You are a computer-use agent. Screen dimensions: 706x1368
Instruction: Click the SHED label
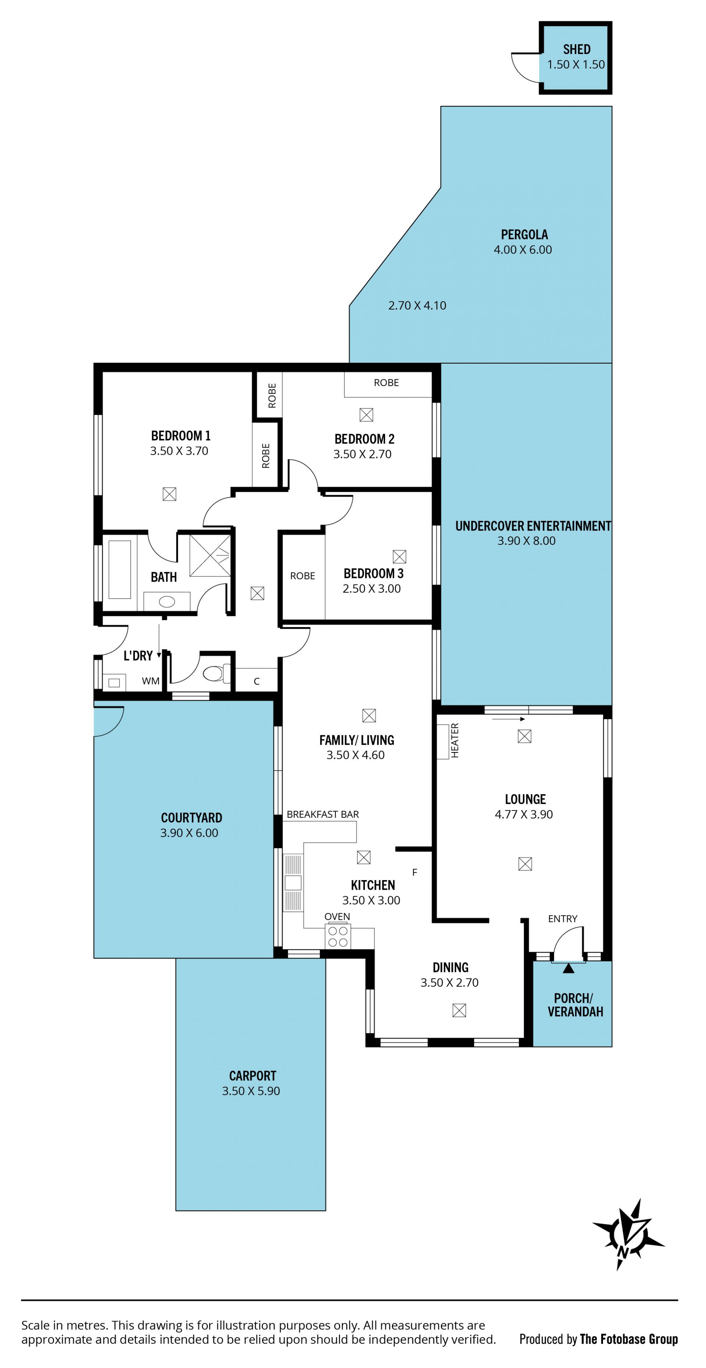coord(576,49)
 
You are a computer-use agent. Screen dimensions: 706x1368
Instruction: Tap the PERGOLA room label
coord(524,235)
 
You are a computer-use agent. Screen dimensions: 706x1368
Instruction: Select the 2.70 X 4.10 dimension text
coord(417,306)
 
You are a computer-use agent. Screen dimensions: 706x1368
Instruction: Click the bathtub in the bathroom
coord(120,570)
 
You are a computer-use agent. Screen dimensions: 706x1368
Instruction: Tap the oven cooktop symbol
coord(338,936)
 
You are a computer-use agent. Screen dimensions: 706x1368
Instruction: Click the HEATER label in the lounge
coord(455,740)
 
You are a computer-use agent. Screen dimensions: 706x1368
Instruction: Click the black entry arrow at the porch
coord(568,968)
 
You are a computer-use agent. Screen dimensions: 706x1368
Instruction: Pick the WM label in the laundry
coord(151,681)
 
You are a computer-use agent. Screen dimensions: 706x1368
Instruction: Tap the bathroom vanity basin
coord(167,602)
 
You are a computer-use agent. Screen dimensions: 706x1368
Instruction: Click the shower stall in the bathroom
coord(210,556)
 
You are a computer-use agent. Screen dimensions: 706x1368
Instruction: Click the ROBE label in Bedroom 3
coord(302,576)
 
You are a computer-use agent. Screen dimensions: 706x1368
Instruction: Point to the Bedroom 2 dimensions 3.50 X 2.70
coord(362,454)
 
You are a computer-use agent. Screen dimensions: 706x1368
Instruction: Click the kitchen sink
coord(293,883)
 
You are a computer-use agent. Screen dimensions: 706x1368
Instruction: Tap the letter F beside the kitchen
coord(414,872)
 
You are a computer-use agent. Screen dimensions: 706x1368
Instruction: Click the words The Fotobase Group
coord(629,1339)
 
